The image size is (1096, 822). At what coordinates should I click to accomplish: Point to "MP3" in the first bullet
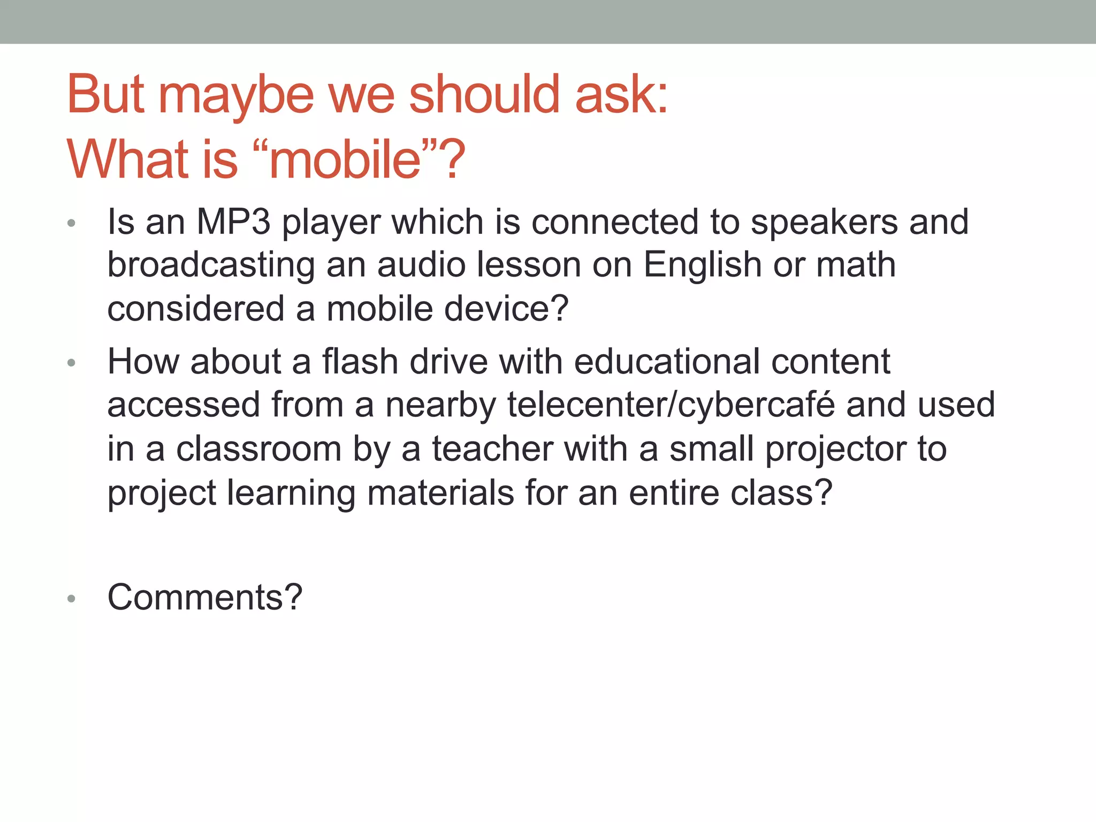click(x=234, y=222)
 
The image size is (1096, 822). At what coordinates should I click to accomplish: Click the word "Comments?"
click(x=205, y=597)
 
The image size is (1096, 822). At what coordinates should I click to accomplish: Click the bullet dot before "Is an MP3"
click(x=72, y=223)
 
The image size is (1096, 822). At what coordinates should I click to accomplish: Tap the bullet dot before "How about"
click(x=72, y=363)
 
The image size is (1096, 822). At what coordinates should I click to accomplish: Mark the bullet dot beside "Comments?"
click(x=72, y=599)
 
